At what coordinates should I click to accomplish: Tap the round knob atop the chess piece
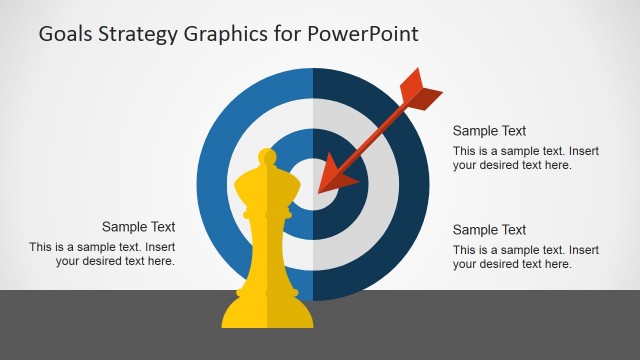tap(266, 158)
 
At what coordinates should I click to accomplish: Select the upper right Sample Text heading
tap(489, 131)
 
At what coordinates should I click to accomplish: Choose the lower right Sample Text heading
tap(489, 230)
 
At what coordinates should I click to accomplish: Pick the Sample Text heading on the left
tap(139, 227)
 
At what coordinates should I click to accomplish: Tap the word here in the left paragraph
tap(160, 261)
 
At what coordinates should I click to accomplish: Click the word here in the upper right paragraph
tap(558, 165)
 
